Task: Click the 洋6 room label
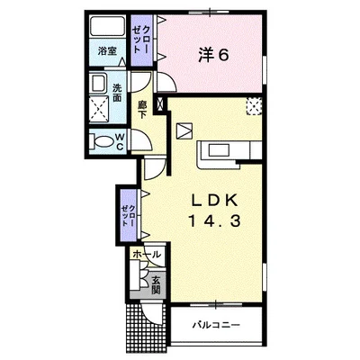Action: (213, 55)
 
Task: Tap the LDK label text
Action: (215, 201)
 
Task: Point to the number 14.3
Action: (215, 221)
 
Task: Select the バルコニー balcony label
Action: (217, 325)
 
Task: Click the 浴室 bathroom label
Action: (107, 51)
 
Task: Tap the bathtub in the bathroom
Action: (108, 26)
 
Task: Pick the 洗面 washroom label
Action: (117, 92)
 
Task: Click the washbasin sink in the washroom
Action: (99, 83)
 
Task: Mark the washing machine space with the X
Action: (99, 109)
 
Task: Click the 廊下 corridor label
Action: (141, 110)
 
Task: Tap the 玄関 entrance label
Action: (156, 284)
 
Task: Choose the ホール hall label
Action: (147, 255)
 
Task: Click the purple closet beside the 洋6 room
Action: (142, 40)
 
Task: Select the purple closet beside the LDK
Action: (129, 215)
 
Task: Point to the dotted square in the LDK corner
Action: (254, 106)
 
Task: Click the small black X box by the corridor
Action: (159, 103)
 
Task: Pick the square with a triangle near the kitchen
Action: (184, 131)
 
